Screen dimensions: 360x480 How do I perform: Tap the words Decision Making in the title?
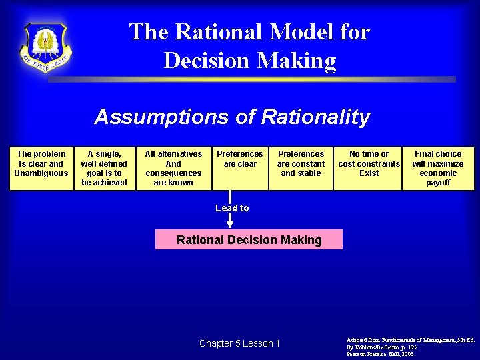(249, 61)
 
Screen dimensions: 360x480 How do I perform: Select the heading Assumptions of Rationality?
(232, 117)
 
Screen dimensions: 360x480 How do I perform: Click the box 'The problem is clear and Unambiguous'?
(41, 168)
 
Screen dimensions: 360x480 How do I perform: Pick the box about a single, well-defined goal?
(104, 168)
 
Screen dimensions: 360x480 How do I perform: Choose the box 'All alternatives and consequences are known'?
(173, 168)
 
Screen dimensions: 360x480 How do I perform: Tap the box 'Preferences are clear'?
(240, 168)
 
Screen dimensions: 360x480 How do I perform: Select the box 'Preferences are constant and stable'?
(301, 168)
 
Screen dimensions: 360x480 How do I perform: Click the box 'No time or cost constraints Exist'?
(369, 168)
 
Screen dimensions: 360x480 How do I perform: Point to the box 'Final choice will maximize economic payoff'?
(438, 168)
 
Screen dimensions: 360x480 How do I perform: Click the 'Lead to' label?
(232, 208)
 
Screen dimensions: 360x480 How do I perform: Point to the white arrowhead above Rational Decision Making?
(230, 225)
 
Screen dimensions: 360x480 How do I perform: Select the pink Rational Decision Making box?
(249, 240)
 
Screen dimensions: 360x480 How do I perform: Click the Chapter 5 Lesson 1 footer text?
(239, 344)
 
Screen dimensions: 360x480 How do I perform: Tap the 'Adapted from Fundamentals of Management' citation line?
(410, 340)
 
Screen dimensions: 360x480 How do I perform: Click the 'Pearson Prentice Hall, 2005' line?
(379, 355)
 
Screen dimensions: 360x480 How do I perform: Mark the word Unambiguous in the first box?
(41, 173)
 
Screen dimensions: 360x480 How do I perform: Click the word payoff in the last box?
(438, 183)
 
